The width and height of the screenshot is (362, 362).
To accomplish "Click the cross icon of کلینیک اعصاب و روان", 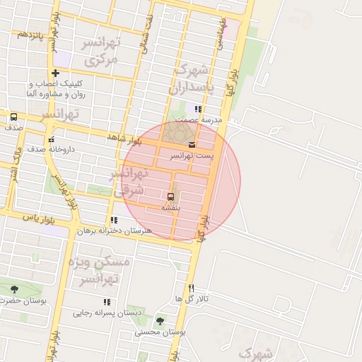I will click(55, 73).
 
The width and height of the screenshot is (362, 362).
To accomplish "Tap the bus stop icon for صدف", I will click(14, 117).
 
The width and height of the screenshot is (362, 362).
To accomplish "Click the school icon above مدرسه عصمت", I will click(198, 110).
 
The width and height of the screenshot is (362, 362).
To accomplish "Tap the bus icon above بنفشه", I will click(170, 196).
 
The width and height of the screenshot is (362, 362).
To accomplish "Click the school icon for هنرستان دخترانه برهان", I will click(115, 221).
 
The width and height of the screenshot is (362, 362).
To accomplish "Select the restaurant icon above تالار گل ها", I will click(191, 288).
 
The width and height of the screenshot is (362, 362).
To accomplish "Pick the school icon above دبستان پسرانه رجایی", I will click(107, 302).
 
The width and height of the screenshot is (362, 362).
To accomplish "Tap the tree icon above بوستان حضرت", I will click(15, 289).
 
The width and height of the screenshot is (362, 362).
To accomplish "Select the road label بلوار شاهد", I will click(124, 139).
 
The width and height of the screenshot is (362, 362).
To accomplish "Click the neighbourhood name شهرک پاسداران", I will click(190, 79).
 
